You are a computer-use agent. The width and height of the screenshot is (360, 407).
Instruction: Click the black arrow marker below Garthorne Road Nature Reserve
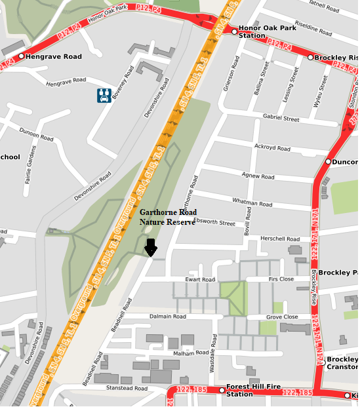pyautogui.click(x=151, y=248)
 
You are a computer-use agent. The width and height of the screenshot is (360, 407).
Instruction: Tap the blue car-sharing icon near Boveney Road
pyautogui.click(x=104, y=96)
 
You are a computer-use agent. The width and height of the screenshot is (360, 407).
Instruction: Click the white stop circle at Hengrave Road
pyautogui.click(x=22, y=56)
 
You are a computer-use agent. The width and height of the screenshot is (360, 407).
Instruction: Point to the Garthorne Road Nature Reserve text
pyautogui.click(x=168, y=218)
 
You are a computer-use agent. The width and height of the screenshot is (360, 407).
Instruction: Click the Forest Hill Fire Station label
pyautogui.click(x=249, y=391)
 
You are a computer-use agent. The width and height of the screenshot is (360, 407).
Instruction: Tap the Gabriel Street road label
pyautogui.click(x=281, y=119)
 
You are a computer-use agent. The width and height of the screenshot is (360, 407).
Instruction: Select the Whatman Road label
pyautogui.click(x=252, y=204)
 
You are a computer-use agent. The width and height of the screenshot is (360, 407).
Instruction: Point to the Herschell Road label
pyautogui.click(x=279, y=239)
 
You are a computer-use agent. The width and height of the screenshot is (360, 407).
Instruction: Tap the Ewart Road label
pyautogui.click(x=199, y=280)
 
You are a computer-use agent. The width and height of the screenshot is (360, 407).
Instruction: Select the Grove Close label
pyautogui.click(x=282, y=317)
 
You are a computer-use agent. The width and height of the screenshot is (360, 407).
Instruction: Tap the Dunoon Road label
pyautogui.click(x=36, y=134)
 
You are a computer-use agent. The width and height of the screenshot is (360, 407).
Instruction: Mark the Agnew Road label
pyautogui.click(x=258, y=176)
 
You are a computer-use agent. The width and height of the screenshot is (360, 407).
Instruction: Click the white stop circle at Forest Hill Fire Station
pyautogui.click(x=222, y=391)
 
